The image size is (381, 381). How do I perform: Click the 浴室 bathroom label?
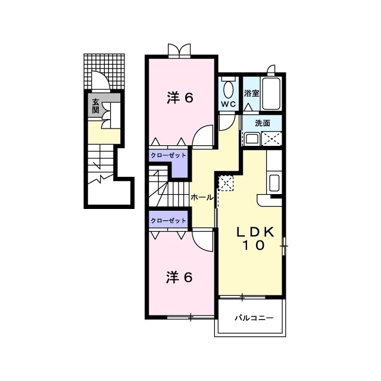(x=251, y=93)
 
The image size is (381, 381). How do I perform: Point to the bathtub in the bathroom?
(x=271, y=93)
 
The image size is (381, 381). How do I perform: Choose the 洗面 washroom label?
(x=263, y=123)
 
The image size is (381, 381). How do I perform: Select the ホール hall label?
(x=202, y=197)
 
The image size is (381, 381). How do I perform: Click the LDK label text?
(x=257, y=233)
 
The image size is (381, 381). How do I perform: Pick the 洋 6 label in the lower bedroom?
(x=179, y=277)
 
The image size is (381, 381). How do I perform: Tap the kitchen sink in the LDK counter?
(x=275, y=182)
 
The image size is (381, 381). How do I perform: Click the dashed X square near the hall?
(x=226, y=183)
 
